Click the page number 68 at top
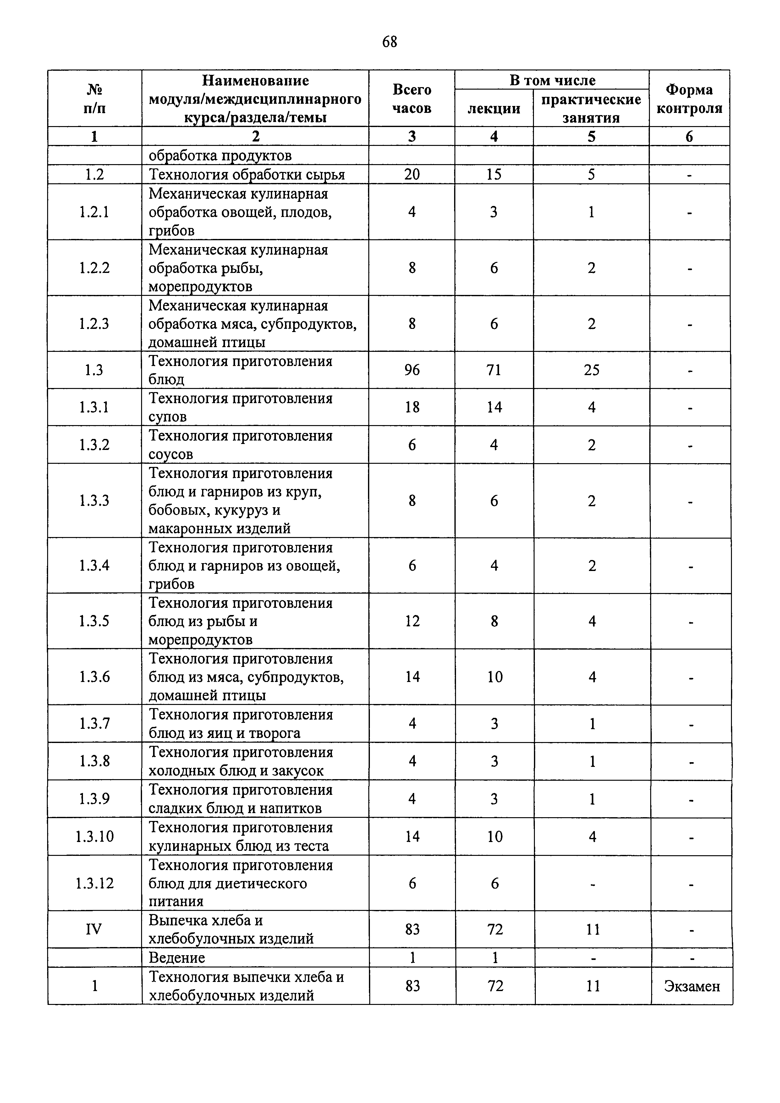(x=389, y=42)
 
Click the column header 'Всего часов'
(x=412, y=99)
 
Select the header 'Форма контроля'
(x=689, y=99)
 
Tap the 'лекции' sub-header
(x=494, y=108)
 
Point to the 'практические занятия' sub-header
(x=591, y=108)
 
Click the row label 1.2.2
(x=95, y=268)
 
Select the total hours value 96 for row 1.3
(x=412, y=370)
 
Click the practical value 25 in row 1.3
(x=591, y=370)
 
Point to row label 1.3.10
(x=95, y=837)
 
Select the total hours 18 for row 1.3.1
(x=412, y=407)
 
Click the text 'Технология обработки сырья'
(x=247, y=175)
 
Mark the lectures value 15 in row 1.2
(x=494, y=175)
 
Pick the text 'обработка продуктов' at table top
(x=220, y=156)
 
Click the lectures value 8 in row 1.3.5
(x=495, y=621)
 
